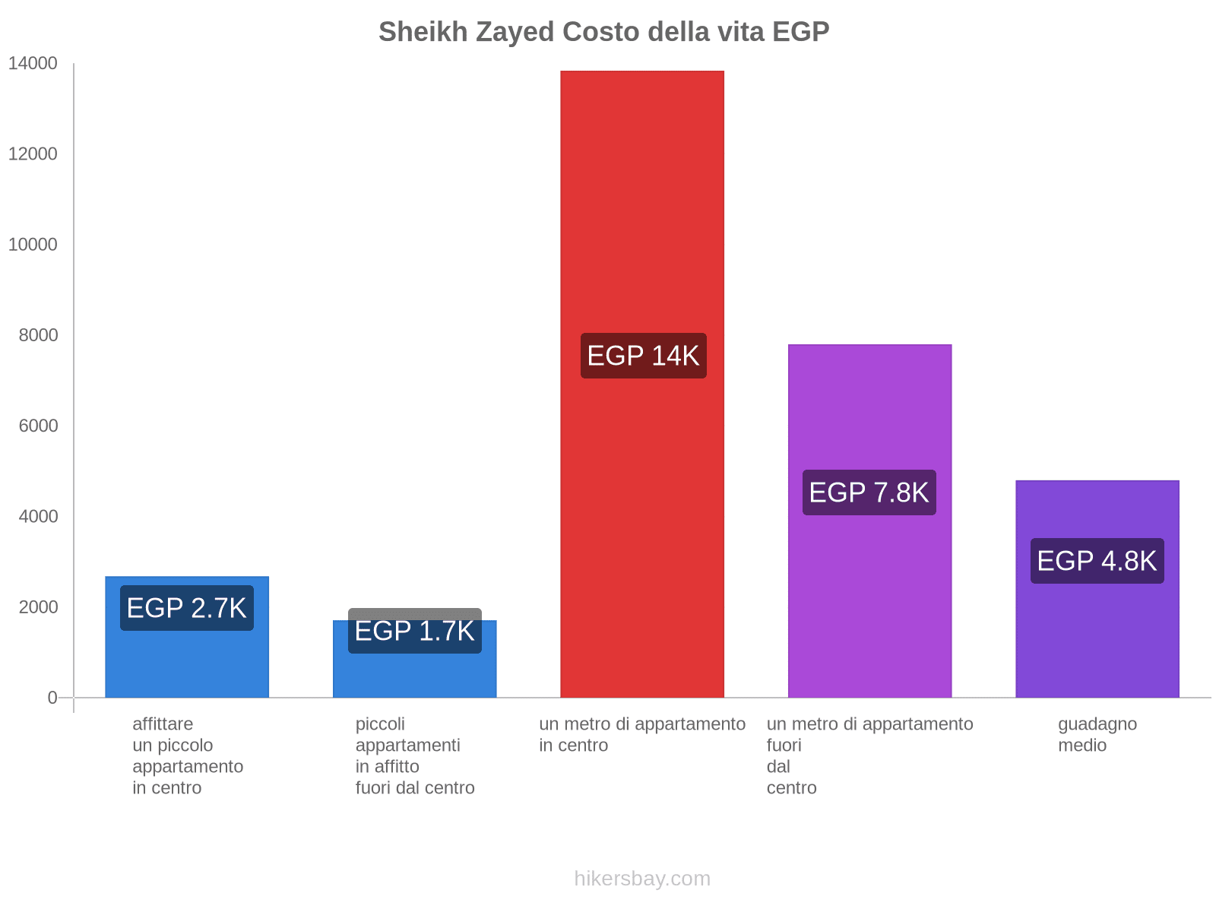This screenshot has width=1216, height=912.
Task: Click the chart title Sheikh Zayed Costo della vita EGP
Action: [603, 32]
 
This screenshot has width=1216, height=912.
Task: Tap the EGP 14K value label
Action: [643, 356]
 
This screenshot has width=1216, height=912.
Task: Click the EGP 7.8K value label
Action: [869, 492]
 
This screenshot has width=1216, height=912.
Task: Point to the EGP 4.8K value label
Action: [1097, 561]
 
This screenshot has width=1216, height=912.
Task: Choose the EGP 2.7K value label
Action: [187, 608]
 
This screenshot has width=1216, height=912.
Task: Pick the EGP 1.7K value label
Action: [415, 631]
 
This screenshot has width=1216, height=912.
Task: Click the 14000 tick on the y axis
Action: [33, 64]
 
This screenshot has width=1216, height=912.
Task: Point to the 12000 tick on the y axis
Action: [33, 154]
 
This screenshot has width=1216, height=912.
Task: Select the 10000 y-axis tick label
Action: [33, 245]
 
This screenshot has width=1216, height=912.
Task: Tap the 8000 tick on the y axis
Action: [38, 335]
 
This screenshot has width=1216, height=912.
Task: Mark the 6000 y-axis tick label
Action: [38, 426]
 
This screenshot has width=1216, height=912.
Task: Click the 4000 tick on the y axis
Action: [38, 517]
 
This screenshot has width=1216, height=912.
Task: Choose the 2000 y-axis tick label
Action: [38, 607]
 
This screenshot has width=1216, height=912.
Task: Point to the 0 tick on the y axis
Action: [52, 698]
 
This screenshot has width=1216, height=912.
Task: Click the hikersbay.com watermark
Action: [642, 879]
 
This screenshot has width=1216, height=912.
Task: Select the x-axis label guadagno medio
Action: [1097, 734]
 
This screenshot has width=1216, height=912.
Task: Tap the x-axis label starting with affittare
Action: [187, 755]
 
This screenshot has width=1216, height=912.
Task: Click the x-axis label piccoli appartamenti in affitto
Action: [414, 755]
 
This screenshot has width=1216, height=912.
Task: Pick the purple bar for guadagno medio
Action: [1097, 608]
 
